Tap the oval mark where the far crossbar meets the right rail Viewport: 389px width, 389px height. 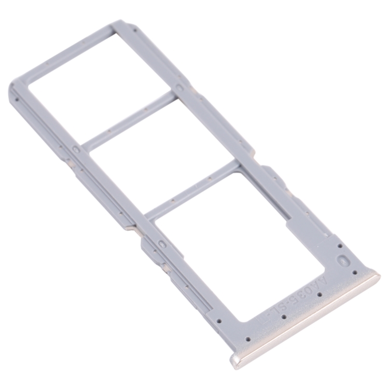(x=178, y=88)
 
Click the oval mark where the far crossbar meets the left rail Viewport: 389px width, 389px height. (x=76, y=150)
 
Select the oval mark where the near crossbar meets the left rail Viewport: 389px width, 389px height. (x=161, y=243)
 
